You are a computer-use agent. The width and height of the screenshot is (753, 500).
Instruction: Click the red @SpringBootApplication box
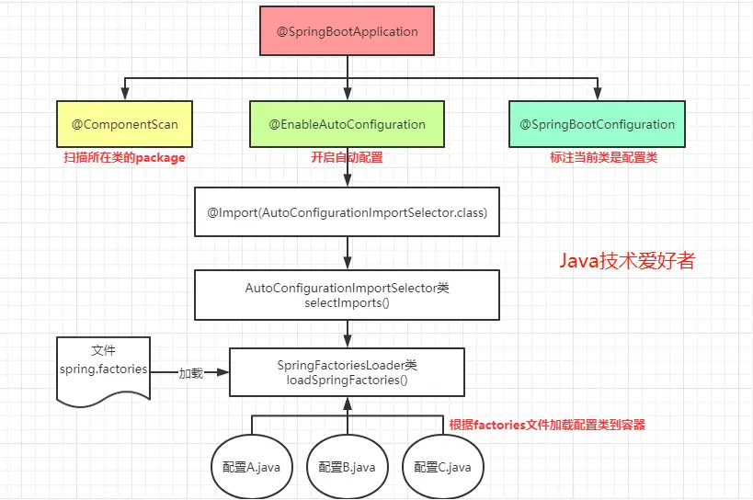click(348, 32)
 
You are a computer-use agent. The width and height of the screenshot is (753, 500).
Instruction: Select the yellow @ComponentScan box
click(124, 124)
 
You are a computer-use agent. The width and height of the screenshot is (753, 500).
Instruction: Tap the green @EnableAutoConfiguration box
click(347, 124)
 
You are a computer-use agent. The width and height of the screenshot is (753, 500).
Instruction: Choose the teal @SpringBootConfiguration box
click(597, 124)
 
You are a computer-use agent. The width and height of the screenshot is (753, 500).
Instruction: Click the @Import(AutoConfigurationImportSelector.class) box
click(347, 212)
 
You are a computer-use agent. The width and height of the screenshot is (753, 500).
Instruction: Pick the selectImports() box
click(347, 294)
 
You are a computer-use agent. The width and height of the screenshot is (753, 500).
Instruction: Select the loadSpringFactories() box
click(347, 372)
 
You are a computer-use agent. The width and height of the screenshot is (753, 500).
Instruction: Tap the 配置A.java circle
click(251, 467)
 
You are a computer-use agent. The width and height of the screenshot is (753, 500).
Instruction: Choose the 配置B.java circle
click(347, 467)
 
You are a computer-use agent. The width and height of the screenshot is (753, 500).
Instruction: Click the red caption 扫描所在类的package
click(124, 158)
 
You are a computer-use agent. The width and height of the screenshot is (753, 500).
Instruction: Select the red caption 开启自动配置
click(347, 158)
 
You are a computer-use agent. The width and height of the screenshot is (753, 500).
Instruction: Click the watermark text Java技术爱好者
click(627, 261)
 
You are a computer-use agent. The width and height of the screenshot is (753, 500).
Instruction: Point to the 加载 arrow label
click(190, 373)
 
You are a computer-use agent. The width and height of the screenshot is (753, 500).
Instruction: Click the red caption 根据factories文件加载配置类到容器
click(547, 425)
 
